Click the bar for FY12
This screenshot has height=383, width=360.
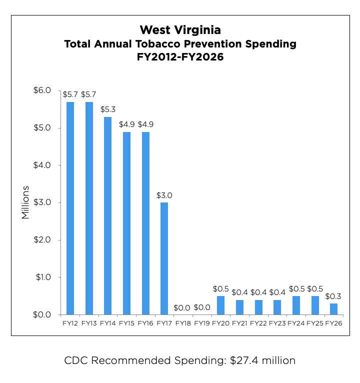(x=70, y=208)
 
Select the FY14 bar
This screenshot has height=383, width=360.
(x=108, y=215)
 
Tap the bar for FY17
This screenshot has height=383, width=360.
(x=164, y=258)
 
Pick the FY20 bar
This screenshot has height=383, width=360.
(x=220, y=305)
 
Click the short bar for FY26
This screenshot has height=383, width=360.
(x=333, y=309)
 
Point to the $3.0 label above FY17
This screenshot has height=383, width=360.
(x=164, y=195)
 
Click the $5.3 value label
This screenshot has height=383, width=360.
(x=108, y=109)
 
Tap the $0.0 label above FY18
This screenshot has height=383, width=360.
(x=183, y=307)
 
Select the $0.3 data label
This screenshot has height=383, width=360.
(x=333, y=296)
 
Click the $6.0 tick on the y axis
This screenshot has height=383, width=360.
(x=42, y=90)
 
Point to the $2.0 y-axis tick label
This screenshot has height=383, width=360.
(x=42, y=240)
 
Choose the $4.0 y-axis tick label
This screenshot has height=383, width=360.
(x=42, y=165)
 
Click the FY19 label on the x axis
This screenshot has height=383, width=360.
(x=202, y=323)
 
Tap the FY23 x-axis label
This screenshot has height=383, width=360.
(x=277, y=323)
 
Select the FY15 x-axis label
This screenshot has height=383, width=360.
(x=127, y=323)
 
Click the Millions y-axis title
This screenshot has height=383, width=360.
(x=25, y=202)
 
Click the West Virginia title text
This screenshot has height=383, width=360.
(x=180, y=30)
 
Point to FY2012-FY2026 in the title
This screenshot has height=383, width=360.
(x=180, y=57)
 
